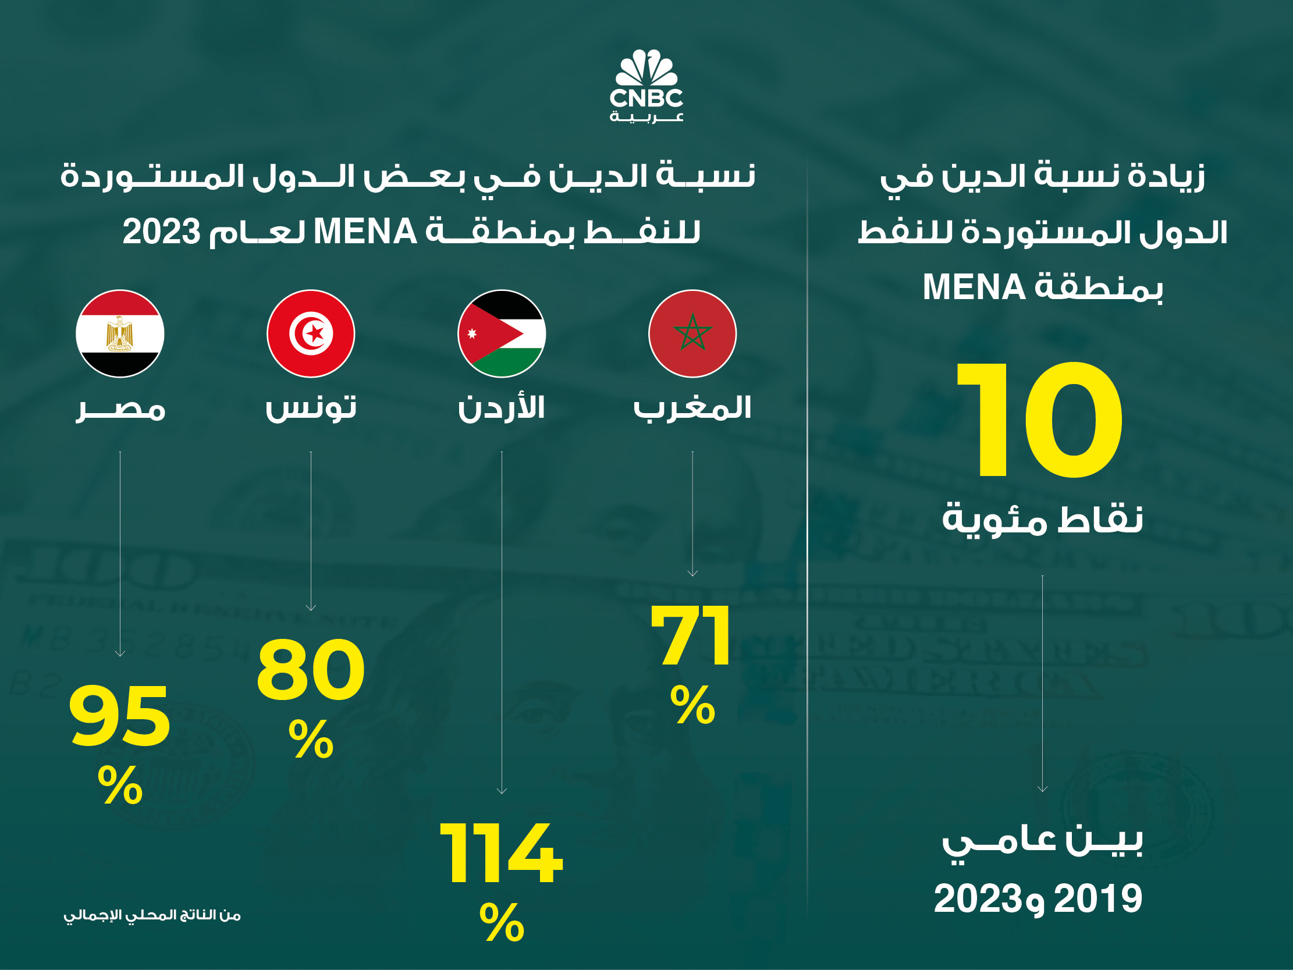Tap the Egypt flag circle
tap(120, 333)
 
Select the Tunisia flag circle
tap(310, 333)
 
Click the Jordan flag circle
tap(502, 333)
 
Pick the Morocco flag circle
tap(692, 333)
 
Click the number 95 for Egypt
tap(120, 717)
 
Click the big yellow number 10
tap(1040, 420)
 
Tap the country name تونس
tap(311, 407)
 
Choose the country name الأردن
tap(502, 407)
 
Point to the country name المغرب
tap(692, 407)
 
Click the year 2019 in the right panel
tap(1097, 898)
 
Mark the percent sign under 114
tap(502, 922)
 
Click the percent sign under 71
tap(692, 705)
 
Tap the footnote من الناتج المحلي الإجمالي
tap(152, 915)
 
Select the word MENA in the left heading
tap(365, 232)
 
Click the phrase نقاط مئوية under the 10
tap(1042, 520)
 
